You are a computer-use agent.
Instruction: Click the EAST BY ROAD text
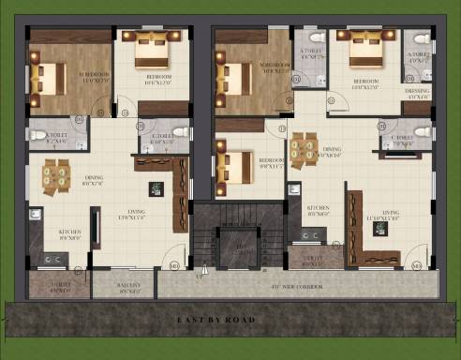[216, 321]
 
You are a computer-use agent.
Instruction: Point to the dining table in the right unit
[305, 147]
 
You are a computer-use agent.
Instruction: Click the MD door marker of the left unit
[175, 267]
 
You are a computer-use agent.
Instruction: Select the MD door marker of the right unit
[416, 266]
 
